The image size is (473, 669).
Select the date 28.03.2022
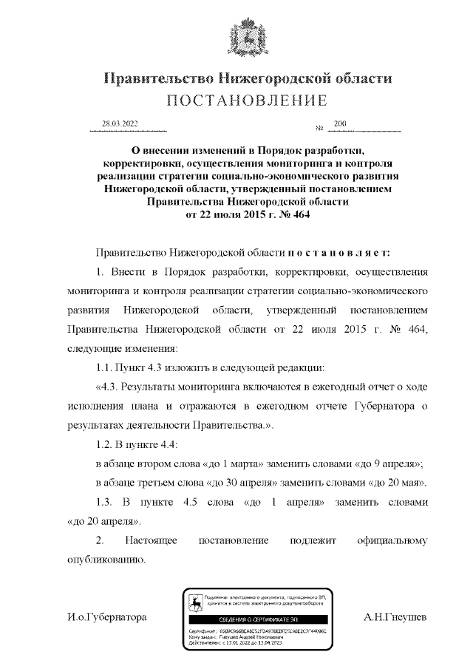(x=120, y=124)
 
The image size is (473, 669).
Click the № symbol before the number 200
(x=320, y=129)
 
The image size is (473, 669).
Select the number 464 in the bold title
(x=302, y=215)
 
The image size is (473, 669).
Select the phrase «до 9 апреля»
(x=388, y=463)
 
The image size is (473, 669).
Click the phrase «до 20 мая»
(x=396, y=483)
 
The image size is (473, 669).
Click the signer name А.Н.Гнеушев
(x=395, y=617)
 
